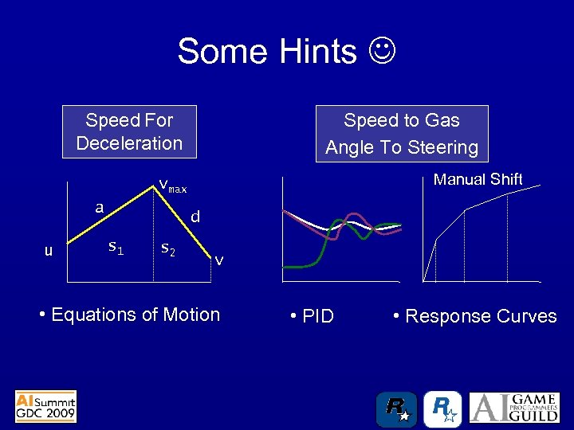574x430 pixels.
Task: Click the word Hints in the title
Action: [318, 52]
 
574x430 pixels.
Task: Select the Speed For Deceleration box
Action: [129, 132]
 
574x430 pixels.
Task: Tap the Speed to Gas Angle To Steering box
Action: [402, 134]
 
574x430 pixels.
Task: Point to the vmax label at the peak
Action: [173, 187]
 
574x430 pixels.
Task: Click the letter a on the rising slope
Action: [99, 207]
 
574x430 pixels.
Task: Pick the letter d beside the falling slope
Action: [195, 216]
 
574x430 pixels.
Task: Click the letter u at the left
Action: [49, 251]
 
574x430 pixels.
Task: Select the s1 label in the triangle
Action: [116, 248]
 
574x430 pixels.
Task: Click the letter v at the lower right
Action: [219, 260]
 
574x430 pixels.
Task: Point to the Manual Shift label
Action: [478, 179]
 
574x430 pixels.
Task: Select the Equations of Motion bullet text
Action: [129, 315]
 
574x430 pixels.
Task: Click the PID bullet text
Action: [313, 316]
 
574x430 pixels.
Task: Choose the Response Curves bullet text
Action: [475, 316]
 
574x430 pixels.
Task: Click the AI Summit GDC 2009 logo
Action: [45, 406]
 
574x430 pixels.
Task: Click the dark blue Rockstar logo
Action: [396, 409]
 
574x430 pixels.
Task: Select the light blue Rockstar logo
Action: [442, 409]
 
